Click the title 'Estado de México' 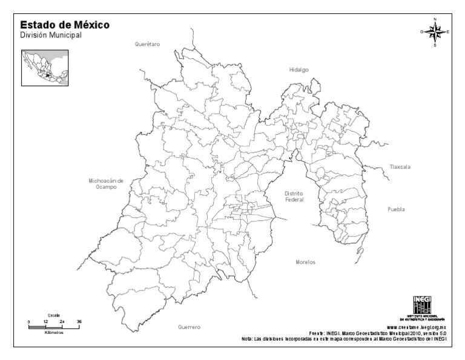click(65, 25)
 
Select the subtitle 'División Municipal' click(51, 36)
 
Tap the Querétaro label click(147, 44)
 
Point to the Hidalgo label click(298, 70)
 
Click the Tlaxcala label click(400, 166)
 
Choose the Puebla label click(396, 209)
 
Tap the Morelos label click(305, 262)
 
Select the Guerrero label click(189, 327)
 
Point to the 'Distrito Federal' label click(294, 196)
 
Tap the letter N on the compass click(435, 19)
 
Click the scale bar click(54, 326)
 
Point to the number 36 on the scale click(79, 321)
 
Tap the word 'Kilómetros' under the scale click(54, 332)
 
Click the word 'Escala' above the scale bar click(54, 316)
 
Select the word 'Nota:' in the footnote click(246, 339)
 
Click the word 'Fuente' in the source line click(317, 333)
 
